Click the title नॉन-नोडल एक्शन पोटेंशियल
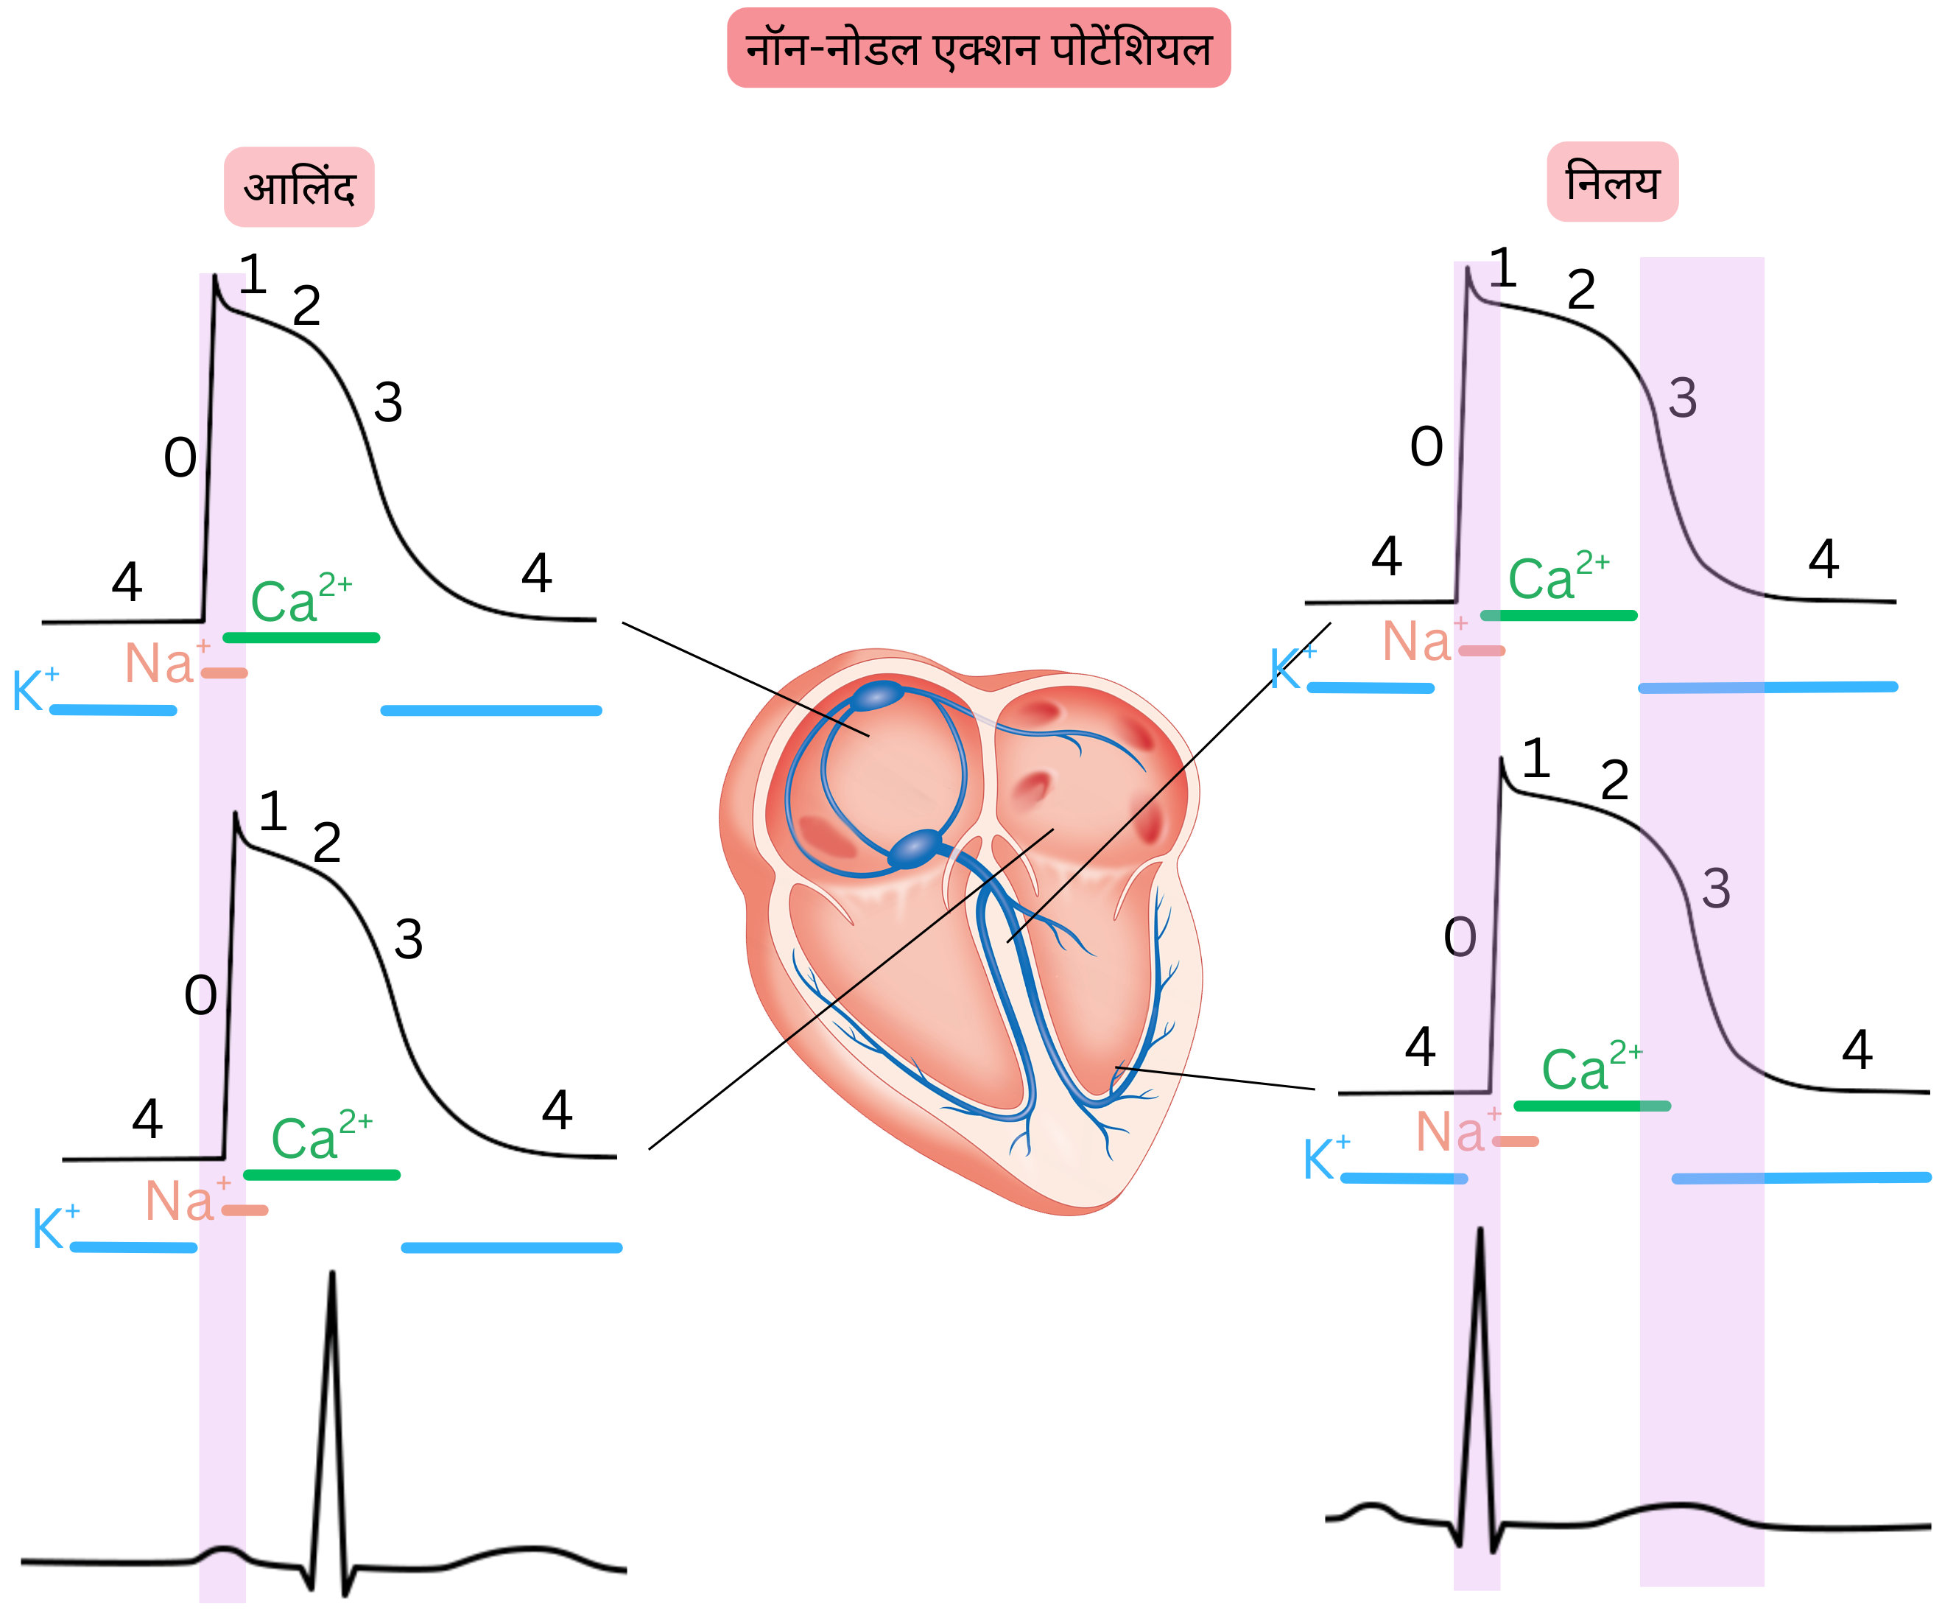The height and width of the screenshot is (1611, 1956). (978, 49)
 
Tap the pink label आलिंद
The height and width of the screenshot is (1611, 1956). (299, 186)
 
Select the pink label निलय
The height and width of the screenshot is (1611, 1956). (1612, 182)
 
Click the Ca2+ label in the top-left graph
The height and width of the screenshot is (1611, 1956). (299, 599)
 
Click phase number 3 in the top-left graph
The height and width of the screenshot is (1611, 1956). (388, 403)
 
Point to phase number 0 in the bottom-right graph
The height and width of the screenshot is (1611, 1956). (1460, 937)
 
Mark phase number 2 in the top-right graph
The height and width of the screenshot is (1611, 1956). (1581, 289)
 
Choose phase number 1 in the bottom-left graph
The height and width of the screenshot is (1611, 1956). (272, 811)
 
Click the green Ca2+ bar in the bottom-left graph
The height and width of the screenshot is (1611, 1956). (321, 1175)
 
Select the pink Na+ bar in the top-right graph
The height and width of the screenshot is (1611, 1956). (1481, 650)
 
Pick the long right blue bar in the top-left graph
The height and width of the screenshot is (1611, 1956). (491, 711)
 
